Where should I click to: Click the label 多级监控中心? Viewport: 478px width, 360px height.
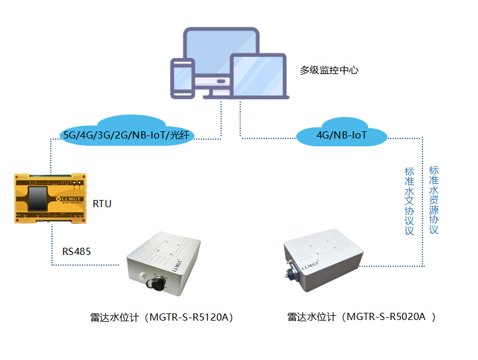click(x=329, y=70)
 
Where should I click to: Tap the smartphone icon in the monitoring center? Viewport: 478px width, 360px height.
click(x=183, y=78)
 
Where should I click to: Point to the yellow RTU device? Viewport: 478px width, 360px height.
click(x=50, y=198)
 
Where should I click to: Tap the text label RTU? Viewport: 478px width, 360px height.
click(x=102, y=204)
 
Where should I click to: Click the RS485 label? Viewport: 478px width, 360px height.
click(x=76, y=251)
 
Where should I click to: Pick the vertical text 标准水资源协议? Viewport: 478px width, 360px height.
click(x=434, y=199)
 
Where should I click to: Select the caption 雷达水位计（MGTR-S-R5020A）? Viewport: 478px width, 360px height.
click(x=361, y=317)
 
